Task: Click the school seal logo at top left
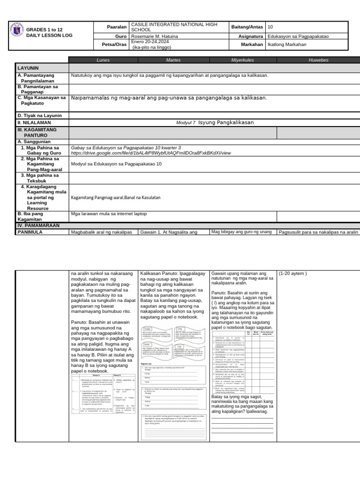pyautogui.click(x=17, y=32)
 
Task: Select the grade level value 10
pyautogui.click(x=270, y=27)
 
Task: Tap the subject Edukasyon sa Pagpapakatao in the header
pyautogui.click(x=297, y=36)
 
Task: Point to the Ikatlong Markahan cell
pyautogui.click(x=286, y=45)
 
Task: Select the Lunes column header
pyautogui.click(x=103, y=60)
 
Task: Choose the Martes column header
pyautogui.click(x=173, y=60)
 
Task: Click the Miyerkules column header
pyautogui.click(x=242, y=60)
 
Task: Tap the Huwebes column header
pyautogui.click(x=319, y=60)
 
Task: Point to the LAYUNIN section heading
pyautogui.click(x=28, y=68)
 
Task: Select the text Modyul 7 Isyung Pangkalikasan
pyautogui.click(x=215, y=123)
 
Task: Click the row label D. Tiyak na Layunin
pyautogui.click(x=40, y=115)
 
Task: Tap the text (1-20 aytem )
pyautogui.click(x=293, y=274)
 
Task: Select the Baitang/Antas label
pyautogui.click(x=247, y=27)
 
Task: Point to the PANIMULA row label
pyautogui.click(x=30, y=232)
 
